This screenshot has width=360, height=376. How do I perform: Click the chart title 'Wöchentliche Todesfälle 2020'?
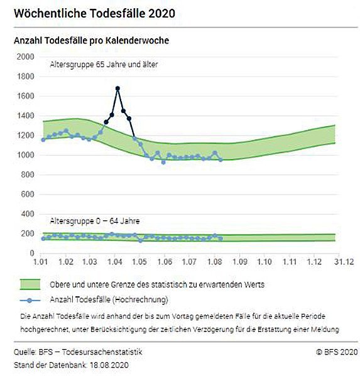point(94,13)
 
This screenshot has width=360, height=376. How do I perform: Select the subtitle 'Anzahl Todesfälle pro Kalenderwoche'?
point(92,41)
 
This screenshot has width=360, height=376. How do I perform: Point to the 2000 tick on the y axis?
point(25,57)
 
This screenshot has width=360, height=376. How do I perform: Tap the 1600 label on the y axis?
point(25,96)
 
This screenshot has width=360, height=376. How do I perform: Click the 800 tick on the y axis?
point(28,175)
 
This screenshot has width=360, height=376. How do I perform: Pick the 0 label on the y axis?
point(32,253)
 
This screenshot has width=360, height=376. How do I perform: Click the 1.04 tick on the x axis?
point(115,261)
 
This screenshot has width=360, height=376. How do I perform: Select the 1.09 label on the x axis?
point(239,261)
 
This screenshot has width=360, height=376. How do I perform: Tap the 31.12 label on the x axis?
point(344,261)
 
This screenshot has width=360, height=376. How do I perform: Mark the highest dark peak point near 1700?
point(117,89)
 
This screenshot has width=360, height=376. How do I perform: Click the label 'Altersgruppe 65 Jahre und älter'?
point(104,65)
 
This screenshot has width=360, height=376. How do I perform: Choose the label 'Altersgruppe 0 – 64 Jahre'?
point(95,221)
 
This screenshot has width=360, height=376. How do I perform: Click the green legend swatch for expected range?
point(30,284)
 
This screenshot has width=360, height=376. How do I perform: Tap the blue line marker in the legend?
point(30,300)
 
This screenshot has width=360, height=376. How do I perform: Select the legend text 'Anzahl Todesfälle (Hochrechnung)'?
point(109,300)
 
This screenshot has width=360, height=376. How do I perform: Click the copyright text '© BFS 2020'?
point(337,352)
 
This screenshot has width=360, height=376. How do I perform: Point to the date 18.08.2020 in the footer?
point(109,365)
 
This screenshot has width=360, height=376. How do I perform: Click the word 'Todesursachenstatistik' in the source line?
point(102,352)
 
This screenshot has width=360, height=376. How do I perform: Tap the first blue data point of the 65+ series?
point(43,140)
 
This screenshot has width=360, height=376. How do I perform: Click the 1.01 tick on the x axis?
point(41,261)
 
